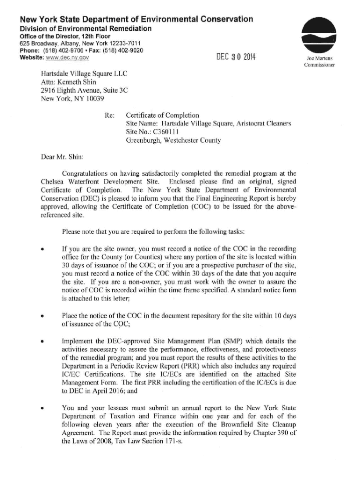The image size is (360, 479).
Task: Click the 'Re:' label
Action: (x=110, y=115)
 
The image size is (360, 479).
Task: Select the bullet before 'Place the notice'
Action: (x=43, y=317)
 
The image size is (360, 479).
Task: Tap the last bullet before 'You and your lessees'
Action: (x=43, y=409)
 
